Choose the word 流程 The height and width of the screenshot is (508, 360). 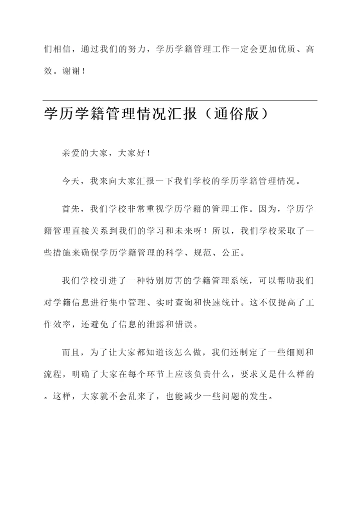coord(53,375)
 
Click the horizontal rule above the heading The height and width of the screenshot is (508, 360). coord(180,100)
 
